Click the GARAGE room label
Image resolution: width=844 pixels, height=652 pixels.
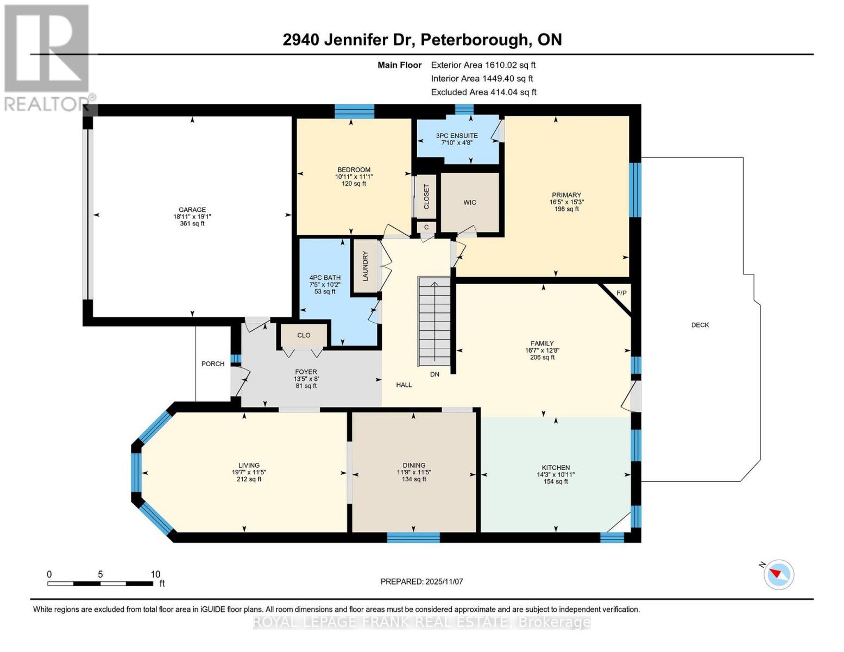point(192,210)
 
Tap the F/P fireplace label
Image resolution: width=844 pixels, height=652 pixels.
point(621,293)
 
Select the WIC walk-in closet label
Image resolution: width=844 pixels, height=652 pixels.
point(470,203)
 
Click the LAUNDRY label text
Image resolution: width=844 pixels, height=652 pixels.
point(366,266)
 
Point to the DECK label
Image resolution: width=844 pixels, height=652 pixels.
point(700,325)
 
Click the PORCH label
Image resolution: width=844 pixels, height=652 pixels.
point(213,364)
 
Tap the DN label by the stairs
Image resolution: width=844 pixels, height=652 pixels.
point(434,374)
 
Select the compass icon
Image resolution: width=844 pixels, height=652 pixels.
point(779,574)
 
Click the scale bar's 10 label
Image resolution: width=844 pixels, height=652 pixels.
point(155,574)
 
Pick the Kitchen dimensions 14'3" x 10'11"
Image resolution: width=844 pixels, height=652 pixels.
point(556,474)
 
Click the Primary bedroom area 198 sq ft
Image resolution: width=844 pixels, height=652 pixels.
point(566,209)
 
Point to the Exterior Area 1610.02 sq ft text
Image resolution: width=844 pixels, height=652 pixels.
point(483,65)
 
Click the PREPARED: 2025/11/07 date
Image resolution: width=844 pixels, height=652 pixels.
point(421,581)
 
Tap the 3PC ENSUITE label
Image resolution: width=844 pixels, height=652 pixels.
point(457,136)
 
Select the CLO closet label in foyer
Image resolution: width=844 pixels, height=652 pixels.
point(304,335)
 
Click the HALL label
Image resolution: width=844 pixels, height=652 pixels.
point(404,385)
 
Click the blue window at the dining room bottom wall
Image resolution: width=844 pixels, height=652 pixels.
point(413,537)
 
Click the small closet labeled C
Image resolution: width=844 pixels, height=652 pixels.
point(426,227)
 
